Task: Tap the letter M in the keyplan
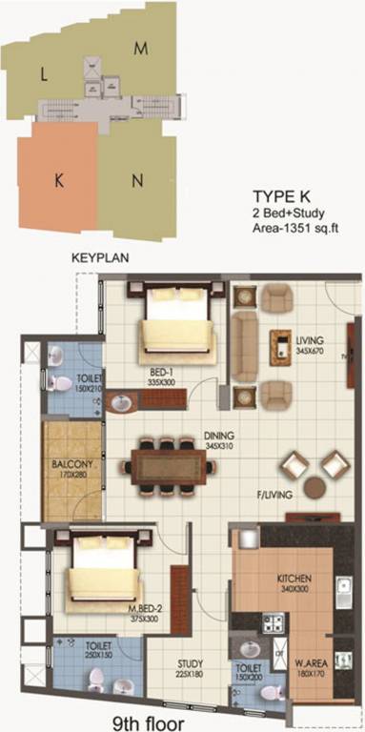pos(140,47)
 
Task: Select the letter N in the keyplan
pos(138,180)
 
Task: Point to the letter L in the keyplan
pos(44,72)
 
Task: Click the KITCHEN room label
pos(294,578)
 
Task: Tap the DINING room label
pos(219,439)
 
